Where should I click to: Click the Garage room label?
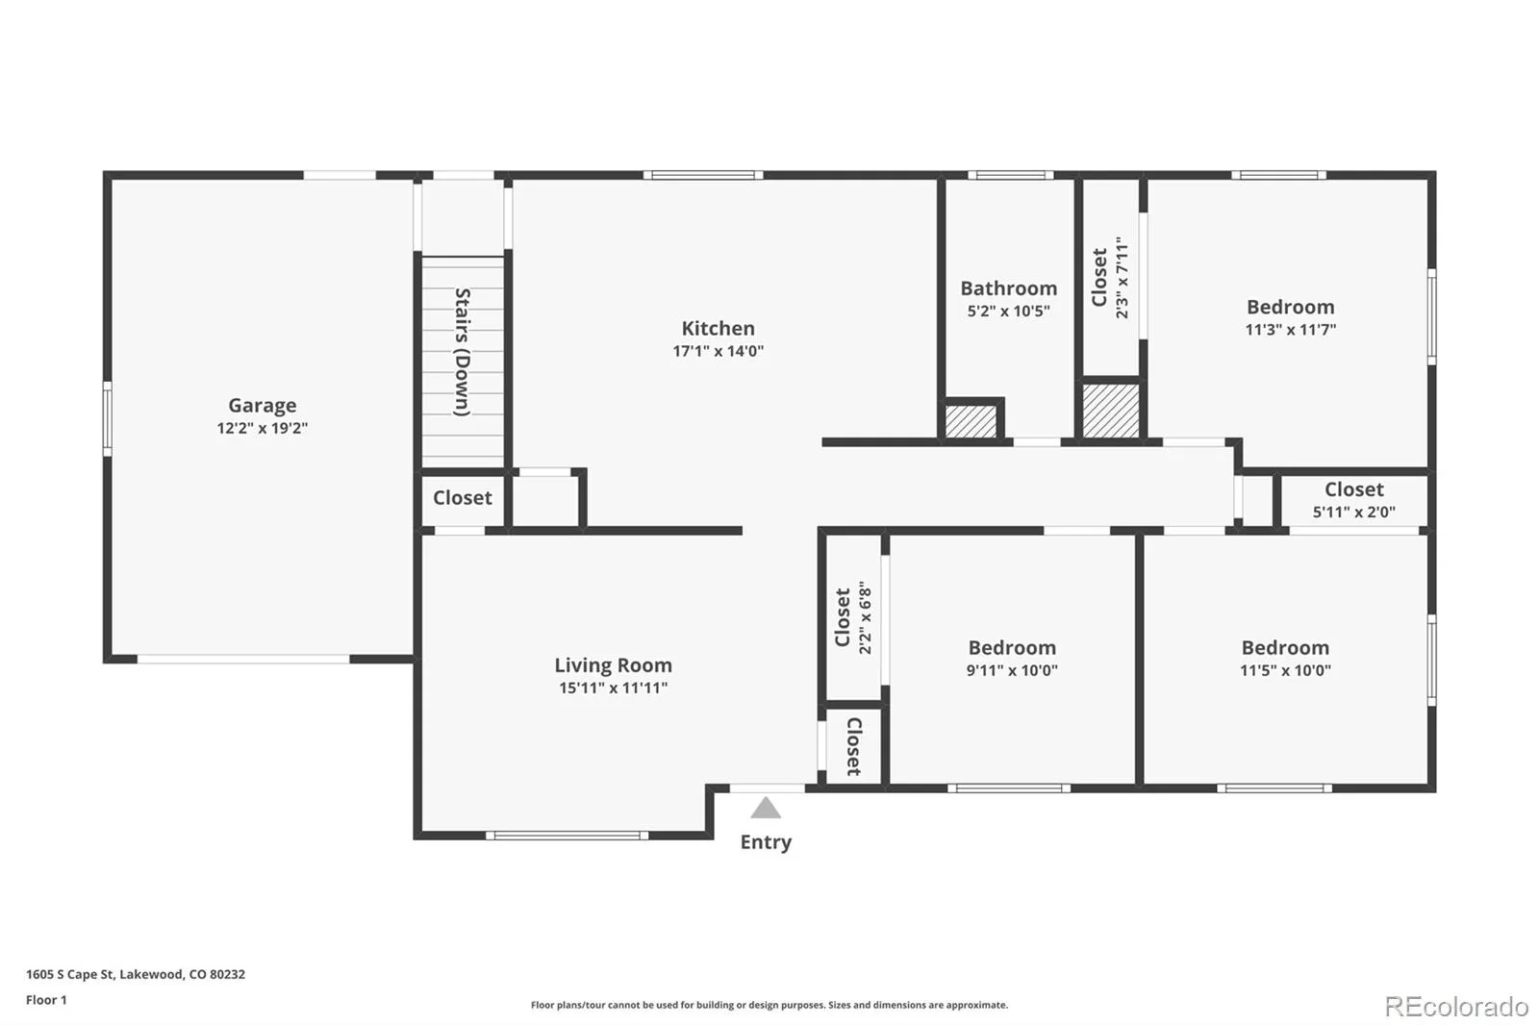(x=262, y=406)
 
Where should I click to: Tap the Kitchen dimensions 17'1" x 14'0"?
(x=718, y=351)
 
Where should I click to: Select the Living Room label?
(x=613, y=665)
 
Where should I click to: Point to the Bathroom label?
(x=1009, y=288)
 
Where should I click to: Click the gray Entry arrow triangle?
(x=766, y=810)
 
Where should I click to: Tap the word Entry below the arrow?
(x=766, y=842)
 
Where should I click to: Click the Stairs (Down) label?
(x=463, y=352)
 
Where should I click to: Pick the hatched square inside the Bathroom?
(x=971, y=421)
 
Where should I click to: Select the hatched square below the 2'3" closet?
(x=1110, y=411)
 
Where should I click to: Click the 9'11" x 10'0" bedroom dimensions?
(x=1012, y=670)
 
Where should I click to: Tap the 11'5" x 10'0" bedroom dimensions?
(x=1285, y=670)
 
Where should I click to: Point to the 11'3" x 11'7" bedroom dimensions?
(x=1290, y=330)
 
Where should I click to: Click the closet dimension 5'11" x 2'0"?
(x=1353, y=512)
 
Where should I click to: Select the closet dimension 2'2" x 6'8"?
(x=865, y=617)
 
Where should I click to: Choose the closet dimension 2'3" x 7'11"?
(x=1122, y=278)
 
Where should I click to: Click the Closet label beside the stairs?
(x=463, y=497)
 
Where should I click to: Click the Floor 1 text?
(x=46, y=1000)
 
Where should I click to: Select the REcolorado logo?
(x=1456, y=1007)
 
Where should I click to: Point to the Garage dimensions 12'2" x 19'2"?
(x=262, y=429)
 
